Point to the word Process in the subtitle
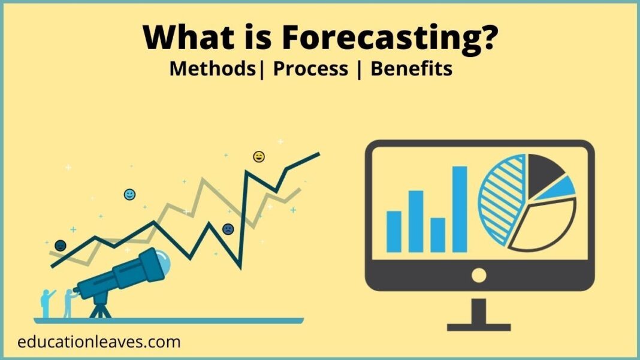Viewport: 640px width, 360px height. (x=310, y=69)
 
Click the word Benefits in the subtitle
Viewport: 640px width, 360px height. (x=411, y=69)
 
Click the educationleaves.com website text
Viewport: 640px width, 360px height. (x=99, y=342)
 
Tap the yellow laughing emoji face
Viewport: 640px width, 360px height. (x=259, y=157)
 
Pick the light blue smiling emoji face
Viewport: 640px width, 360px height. (x=129, y=194)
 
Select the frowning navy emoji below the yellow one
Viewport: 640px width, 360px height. (x=228, y=229)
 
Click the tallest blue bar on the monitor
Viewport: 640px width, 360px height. (x=460, y=209)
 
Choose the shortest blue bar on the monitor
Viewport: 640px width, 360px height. (x=438, y=234)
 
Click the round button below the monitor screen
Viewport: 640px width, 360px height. (x=479, y=275)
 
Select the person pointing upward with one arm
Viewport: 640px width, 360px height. (x=47, y=302)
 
